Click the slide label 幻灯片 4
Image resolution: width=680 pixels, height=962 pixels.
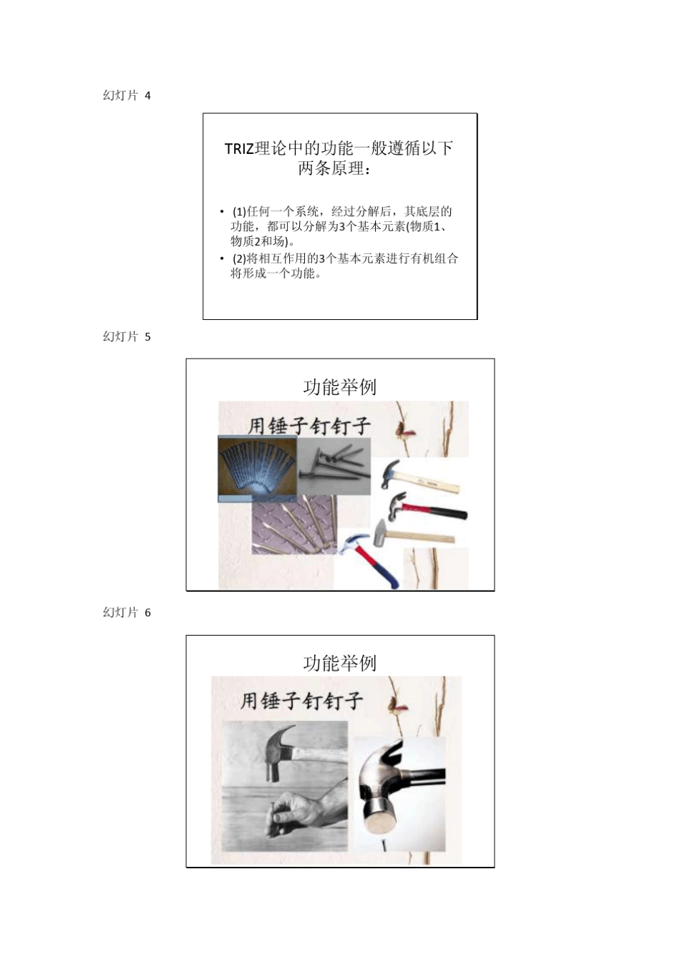coord(127,96)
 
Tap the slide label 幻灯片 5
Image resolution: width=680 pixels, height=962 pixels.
coord(127,337)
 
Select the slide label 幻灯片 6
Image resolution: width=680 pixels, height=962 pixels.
coord(127,613)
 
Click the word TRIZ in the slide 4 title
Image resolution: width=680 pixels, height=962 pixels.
coord(239,149)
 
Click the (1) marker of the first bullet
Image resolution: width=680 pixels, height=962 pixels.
coord(239,212)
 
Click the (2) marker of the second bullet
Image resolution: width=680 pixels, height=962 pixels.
coord(239,258)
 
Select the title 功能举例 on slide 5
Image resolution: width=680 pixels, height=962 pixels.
coord(339,387)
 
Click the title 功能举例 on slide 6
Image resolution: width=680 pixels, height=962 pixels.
coord(339,664)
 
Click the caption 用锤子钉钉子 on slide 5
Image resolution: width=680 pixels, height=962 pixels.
coord(309,426)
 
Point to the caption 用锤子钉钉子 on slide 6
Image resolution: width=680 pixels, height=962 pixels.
coord(301,700)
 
